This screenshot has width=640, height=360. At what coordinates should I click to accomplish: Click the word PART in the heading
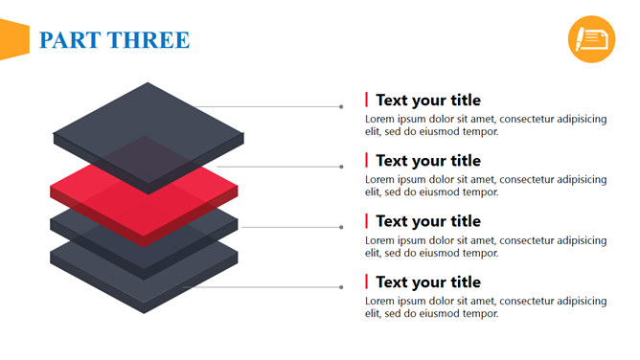click(70, 40)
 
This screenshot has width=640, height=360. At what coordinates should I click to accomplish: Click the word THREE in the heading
click(149, 40)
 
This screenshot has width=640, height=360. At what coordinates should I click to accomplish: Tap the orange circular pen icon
click(591, 39)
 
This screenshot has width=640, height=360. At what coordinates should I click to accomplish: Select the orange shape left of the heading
click(14, 39)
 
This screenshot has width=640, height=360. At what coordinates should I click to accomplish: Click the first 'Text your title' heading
click(428, 101)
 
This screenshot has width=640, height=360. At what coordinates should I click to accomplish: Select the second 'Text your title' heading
click(428, 161)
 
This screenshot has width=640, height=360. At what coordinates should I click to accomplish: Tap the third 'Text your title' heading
click(428, 221)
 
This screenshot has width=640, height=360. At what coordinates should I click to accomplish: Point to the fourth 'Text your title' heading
click(428, 282)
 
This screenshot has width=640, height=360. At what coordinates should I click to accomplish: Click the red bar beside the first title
click(367, 100)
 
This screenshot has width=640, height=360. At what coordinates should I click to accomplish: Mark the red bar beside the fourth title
click(367, 281)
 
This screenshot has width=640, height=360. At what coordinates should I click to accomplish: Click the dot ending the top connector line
click(341, 107)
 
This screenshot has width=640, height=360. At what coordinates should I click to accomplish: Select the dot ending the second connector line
click(341, 167)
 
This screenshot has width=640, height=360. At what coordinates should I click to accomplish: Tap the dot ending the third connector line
click(341, 228)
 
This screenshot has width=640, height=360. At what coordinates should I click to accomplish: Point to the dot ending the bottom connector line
click(341, 287)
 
